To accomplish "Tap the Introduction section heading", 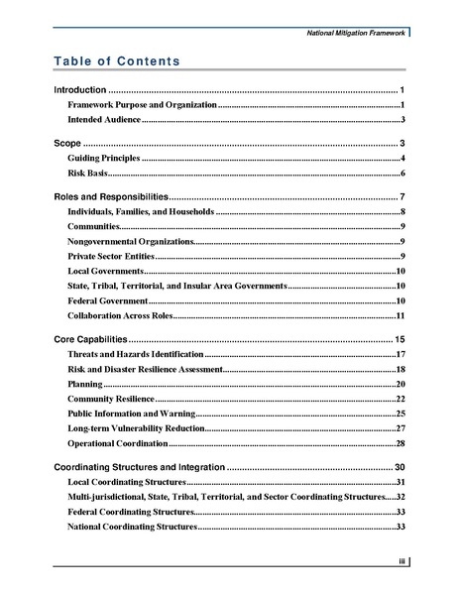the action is pyautogui.click(x=79, y=90).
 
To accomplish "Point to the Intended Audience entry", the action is pyautogui.click(x=104, y=119).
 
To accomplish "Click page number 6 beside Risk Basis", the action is pyautogui.click(x=402, y=173).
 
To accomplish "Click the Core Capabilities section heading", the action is pyautogui.click(x=89, y=339).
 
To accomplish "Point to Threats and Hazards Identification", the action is pyautogui.click(x=135, y=354).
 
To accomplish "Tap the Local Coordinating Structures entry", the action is pyautogui.click(x=126, y=481).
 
